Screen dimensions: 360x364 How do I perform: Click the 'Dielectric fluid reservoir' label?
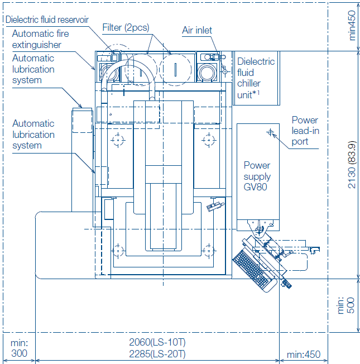(47, 20)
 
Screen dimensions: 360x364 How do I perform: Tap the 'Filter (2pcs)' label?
(126, 27)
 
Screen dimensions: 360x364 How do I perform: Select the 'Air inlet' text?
(197, 30)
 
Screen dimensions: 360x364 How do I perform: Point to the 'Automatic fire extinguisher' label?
(40, 39)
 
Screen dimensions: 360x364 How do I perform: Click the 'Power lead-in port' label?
(305, 131)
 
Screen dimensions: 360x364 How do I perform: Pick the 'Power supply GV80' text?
(257, 176)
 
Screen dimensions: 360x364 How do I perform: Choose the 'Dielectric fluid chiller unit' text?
(256, 78)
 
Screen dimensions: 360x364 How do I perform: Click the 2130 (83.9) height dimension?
(352, 164)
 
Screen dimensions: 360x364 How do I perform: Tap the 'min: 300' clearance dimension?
(20, 348)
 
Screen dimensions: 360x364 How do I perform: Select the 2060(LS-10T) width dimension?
(157, 342)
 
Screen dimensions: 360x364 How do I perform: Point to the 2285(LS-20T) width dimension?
(157, 354)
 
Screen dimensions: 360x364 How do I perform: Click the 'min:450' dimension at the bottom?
(304, 355)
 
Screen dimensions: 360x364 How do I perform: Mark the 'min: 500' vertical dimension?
(345, 305)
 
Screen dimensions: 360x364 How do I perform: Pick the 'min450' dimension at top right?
(352, 26)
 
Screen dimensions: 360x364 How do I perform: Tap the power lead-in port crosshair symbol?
(270, 132)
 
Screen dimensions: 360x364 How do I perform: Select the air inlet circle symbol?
(225, 71)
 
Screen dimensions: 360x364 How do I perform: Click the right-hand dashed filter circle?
(175, 69)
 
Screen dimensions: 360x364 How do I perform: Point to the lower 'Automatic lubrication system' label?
(33, 135)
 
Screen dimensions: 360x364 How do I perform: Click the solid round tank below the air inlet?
(207, 73)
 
